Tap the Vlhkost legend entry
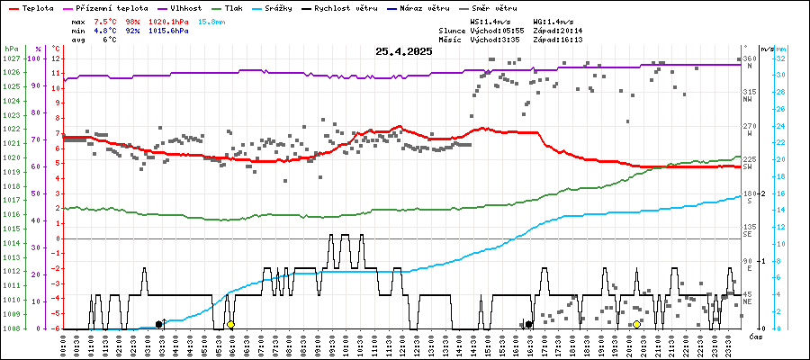(182, 7)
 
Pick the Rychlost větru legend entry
(345, 7)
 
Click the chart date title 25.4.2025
(404, 51)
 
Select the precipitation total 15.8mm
(212, 20)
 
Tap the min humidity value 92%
(132, 30)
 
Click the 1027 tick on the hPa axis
(11, 58)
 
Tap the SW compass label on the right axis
(747, 166)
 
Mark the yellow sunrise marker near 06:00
(230, 324)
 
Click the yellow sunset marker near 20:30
(637, 324)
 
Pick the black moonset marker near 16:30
(529, 324)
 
